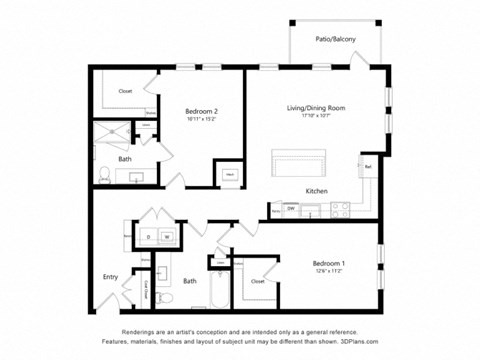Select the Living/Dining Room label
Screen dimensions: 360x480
point(316,108)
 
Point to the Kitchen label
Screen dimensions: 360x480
point(318,190)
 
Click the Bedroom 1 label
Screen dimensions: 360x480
point(327,263)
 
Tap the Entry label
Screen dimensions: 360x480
point(110,277)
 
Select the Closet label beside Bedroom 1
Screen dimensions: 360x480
point(258,281)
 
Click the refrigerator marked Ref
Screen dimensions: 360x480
point(367,167)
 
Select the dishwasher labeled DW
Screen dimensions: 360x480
point(290,208)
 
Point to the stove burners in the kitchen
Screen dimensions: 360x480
point(339,209)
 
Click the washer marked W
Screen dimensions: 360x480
point(167,237)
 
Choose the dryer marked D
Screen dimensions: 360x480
point(147,237)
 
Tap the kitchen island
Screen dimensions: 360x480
point(299,163)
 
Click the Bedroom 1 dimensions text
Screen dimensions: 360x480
point(327,271)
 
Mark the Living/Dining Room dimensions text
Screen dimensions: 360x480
point(316,116)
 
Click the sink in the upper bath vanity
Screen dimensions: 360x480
point(135,176)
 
